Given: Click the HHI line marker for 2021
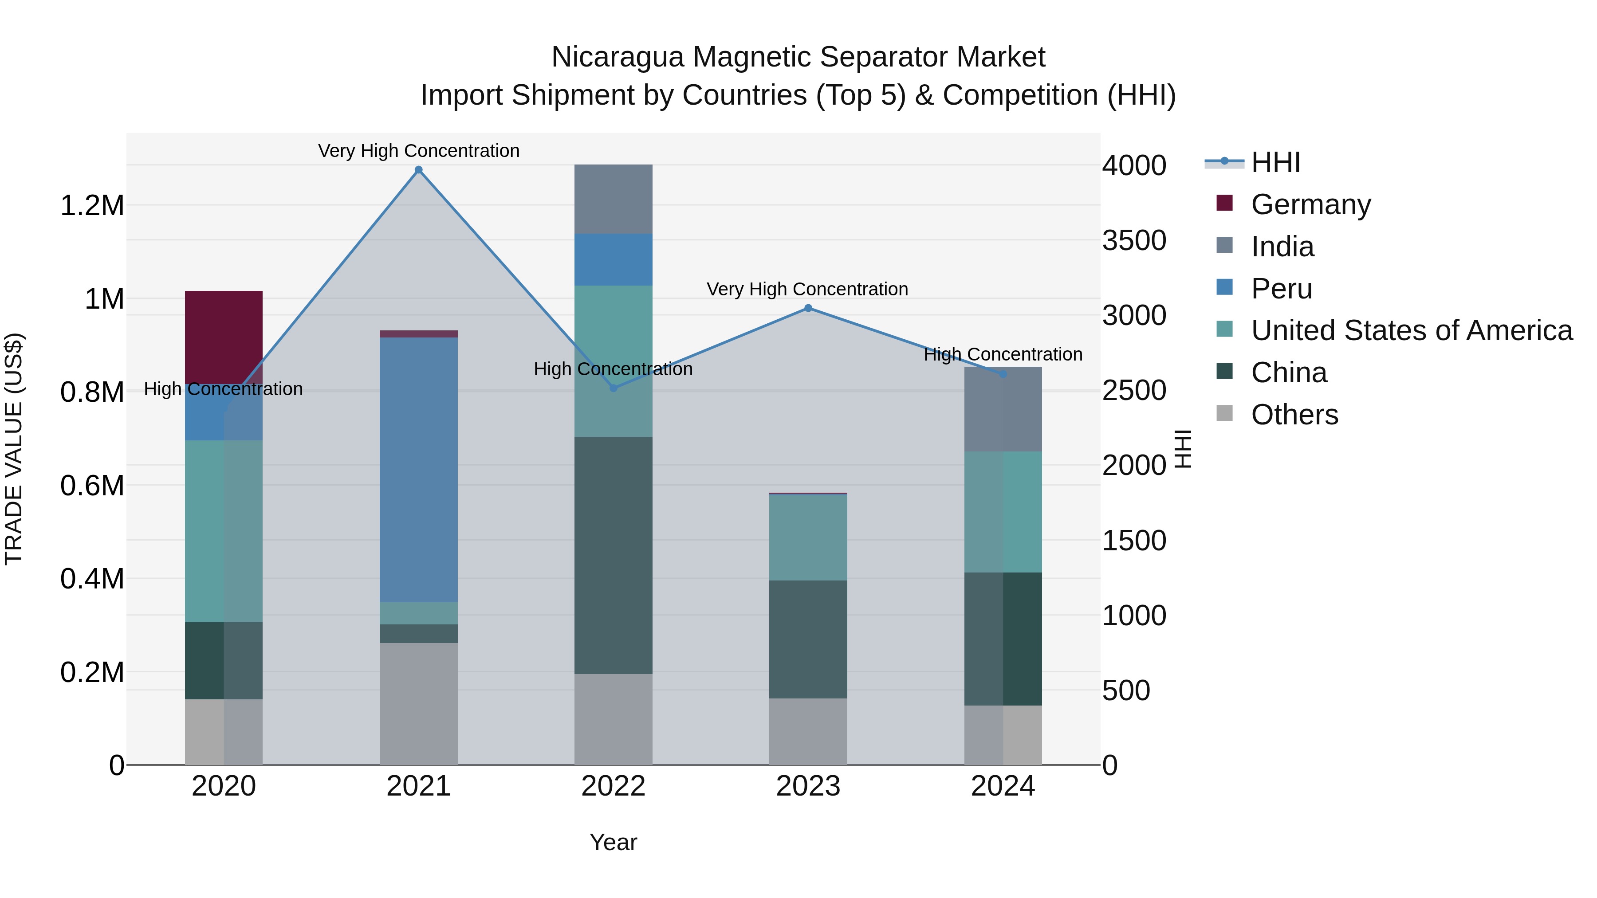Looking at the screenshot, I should point(418,170).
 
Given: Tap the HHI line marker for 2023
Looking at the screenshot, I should point(808,308).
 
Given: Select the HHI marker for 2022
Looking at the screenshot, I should point(613,388).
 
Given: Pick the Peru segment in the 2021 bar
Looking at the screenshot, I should point(418,469).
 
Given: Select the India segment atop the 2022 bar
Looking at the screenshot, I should point(613,199).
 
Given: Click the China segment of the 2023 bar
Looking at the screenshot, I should point(808,639).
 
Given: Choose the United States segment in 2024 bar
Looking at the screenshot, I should point(1003,511).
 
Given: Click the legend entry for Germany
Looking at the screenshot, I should point(1310,204).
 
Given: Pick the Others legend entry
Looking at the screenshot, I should point(1294,415).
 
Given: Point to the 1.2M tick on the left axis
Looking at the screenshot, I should point(92,206).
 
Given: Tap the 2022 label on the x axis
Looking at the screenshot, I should point(613,786).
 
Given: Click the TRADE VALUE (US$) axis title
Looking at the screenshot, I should point(14,449).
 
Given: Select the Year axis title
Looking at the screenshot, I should point(613,842).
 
